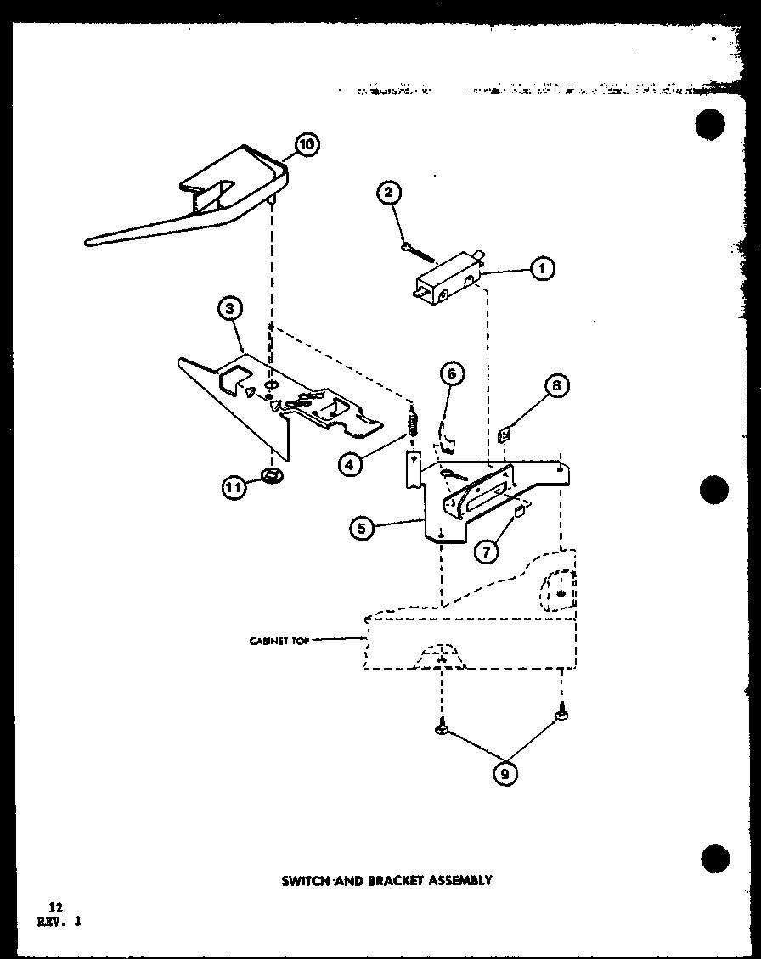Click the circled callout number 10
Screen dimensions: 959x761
pos(306,144)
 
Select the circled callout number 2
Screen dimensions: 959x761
pos(388,193)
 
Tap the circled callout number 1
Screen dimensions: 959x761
pos(541,269)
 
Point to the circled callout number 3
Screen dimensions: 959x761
pos(230,310)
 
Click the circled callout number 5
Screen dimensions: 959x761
pos(452,374)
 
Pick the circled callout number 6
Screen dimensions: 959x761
pos(486,551)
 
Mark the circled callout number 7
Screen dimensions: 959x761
pos(556,386)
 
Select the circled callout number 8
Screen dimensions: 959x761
pos(506,773)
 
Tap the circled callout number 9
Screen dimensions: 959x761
pos(234,486)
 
